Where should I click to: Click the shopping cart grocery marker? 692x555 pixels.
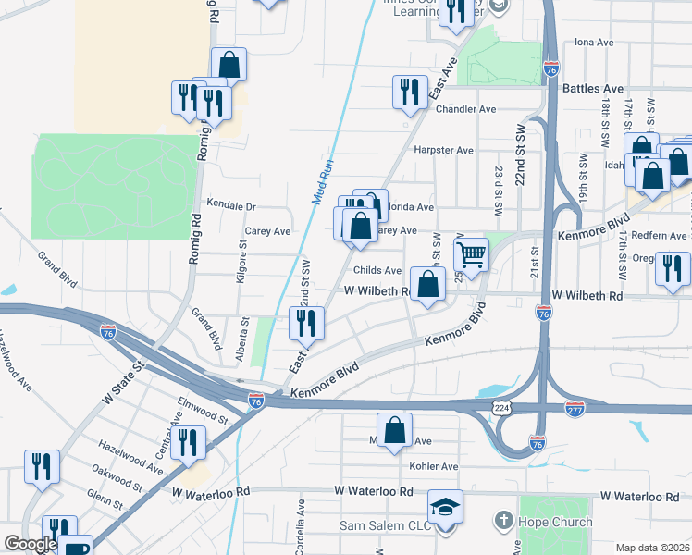point(472,255)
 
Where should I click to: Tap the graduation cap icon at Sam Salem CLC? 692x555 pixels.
point(445,508)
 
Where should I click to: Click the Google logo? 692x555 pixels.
point(31,544)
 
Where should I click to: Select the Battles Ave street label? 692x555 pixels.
point(588,89)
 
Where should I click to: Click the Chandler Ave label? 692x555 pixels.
point(466,109)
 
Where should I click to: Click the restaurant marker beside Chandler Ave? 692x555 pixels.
point(407,92)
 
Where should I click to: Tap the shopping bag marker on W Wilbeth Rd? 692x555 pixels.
point(428,285)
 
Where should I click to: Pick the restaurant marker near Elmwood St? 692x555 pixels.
point(187,442)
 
